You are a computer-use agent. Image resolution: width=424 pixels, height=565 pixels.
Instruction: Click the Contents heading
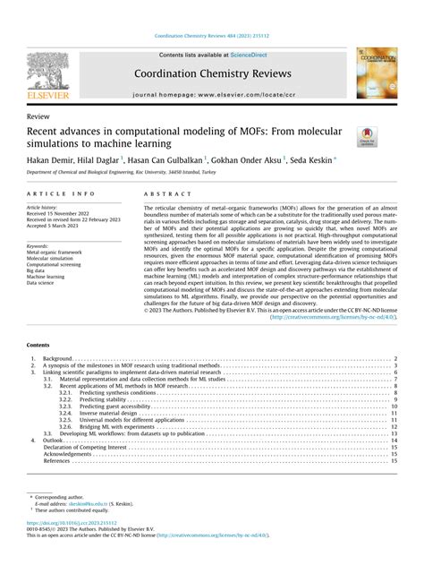[39, 344]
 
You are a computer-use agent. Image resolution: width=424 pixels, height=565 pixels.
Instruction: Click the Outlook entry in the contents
[54, 441]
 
